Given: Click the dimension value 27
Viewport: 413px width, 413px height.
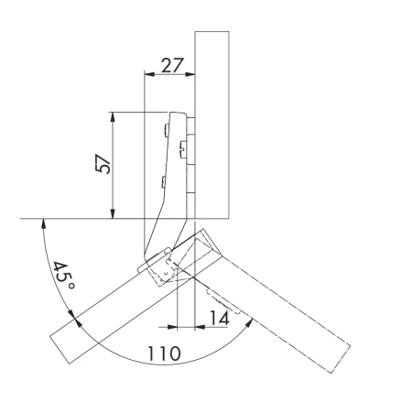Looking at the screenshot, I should pos(170,66).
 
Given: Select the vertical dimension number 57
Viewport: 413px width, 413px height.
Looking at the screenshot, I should pos(103,165).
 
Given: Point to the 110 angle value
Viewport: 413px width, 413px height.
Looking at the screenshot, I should pos(165,352).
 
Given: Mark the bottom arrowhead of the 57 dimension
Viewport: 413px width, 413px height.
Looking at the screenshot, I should pos(111,215).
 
